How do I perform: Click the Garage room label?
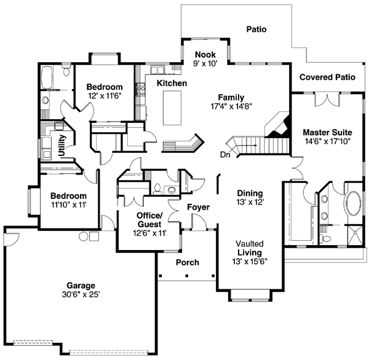pos(81,285)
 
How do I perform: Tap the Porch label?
pos(188,262)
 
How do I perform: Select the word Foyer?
pos(198,208)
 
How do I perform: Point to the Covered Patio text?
pos(327,77)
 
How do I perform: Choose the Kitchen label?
pos(172,83)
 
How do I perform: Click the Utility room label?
pos(63,146)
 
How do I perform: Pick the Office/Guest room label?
pos(149,219)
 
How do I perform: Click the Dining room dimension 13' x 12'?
pos(250,202)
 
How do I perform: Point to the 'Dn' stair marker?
pos(226,155)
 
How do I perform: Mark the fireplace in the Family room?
pos(279,125)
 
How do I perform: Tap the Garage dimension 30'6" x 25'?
pos(81,294)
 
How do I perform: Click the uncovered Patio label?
pos(256,29)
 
